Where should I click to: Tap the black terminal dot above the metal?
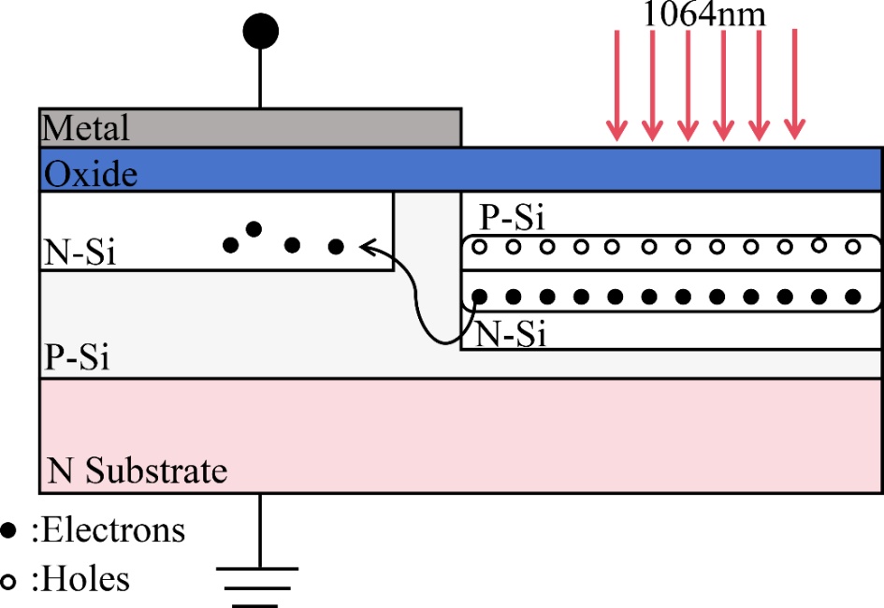coord(261,32)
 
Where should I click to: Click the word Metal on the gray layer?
coord(86,127)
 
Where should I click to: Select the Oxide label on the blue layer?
coord(92,175)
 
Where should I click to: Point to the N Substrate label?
coord(138,470)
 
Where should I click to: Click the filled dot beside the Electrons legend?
coord(9,530)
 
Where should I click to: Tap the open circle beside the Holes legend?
coord(9,581)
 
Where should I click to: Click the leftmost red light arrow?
coord(616,85)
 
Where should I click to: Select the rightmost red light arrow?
coord(794,85)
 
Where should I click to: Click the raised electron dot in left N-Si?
coord(254,228)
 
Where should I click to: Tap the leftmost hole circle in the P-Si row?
coord(479,248)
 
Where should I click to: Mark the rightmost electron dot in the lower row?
coord(853,297)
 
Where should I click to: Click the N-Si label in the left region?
coord(80,253)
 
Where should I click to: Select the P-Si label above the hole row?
coord(513,219)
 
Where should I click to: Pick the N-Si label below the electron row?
coord(511,335)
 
